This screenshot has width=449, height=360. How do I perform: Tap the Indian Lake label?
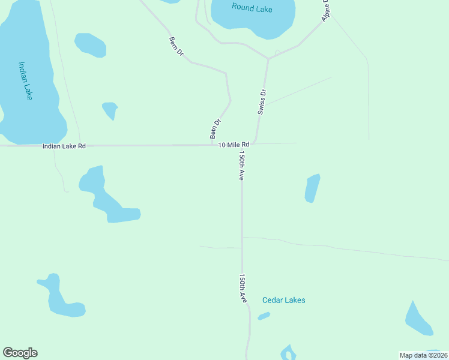click(25, 81)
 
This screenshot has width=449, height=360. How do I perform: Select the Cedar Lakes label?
click(283, 300)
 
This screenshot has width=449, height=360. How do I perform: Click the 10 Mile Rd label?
click(234, 145)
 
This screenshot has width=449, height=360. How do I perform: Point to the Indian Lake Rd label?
click(64, 146)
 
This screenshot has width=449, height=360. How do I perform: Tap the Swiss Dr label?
click(262, 101)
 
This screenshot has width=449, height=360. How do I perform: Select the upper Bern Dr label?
click(176, 49)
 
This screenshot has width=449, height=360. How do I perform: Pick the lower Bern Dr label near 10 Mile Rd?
click(215, 129)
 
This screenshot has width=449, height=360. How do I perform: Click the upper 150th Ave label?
click(241, 165)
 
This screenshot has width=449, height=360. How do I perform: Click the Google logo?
click(20, 353)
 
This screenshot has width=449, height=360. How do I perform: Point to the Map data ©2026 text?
click(423, 355)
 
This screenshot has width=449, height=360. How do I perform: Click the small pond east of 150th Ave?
click(312, 188)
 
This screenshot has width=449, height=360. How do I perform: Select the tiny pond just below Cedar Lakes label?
click(264, 316)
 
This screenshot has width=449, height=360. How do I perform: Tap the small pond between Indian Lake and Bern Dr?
click(110, 110)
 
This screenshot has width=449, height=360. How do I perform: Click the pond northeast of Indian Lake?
click(90, 44)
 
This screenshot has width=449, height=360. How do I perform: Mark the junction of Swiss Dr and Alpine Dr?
click(268, 58)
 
